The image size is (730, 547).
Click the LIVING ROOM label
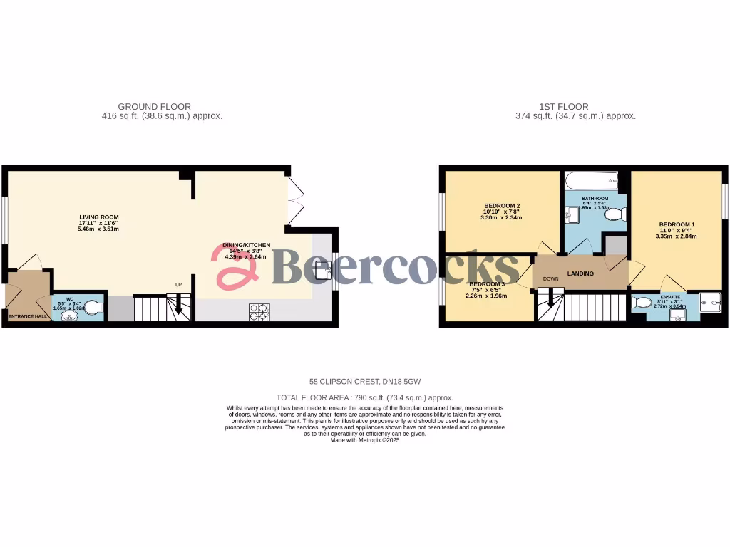coord(99,217)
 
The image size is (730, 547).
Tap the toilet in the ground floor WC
coord(96,307)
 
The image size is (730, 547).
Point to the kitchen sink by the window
coord(324,269)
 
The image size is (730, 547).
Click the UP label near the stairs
coord(180,285)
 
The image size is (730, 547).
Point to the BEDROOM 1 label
coord(677,224)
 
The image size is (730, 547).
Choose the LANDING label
coord(580,273)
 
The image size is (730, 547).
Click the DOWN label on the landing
coord(550,278)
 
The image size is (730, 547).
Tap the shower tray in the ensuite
coord(710,303)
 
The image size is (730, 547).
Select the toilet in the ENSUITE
coord(643,303)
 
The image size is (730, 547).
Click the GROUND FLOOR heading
coord(154,107)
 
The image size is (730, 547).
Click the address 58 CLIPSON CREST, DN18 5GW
coord(364,382)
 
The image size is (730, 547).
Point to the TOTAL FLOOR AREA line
coord(364,397)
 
